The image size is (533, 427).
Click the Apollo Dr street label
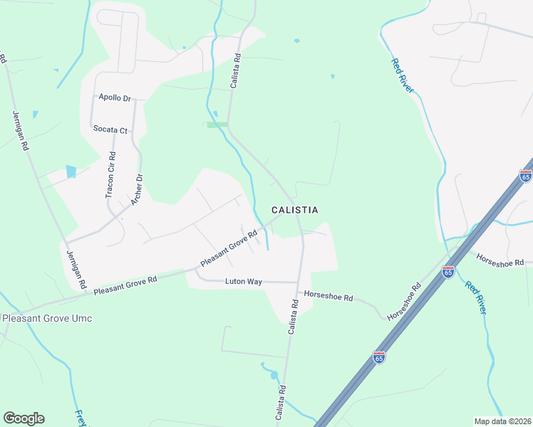(115, 97)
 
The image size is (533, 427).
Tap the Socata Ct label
(110, 130)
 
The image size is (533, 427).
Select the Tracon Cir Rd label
(110, 176)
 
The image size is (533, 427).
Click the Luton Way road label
(244, 282)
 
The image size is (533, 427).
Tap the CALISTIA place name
(294, 210)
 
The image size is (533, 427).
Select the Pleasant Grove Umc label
(47, 318)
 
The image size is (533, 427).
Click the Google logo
(24, 418)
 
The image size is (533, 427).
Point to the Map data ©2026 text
(502, 421)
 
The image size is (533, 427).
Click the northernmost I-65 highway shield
(526, 176)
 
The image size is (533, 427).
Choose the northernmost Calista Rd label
(234, 72)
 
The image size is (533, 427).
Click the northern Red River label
(403, 75)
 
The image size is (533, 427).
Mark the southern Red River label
(477, 297)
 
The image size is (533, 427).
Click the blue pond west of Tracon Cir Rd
(71, 172)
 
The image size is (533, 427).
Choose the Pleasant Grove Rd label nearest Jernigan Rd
(125, 286)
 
